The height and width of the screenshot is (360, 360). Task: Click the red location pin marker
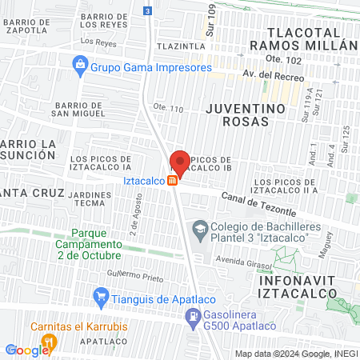coord(180,162)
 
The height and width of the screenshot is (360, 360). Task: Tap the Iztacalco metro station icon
coord(172,181)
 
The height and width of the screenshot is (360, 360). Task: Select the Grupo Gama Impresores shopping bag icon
coord(79,62)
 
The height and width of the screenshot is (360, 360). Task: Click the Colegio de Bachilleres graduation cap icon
coord(198,230)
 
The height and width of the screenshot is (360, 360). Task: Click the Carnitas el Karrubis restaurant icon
coord(49,342)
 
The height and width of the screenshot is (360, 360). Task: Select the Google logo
coord(27,350)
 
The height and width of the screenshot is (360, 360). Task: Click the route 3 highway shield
coord(147,10)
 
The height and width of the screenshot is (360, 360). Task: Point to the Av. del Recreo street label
coord(270,78)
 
